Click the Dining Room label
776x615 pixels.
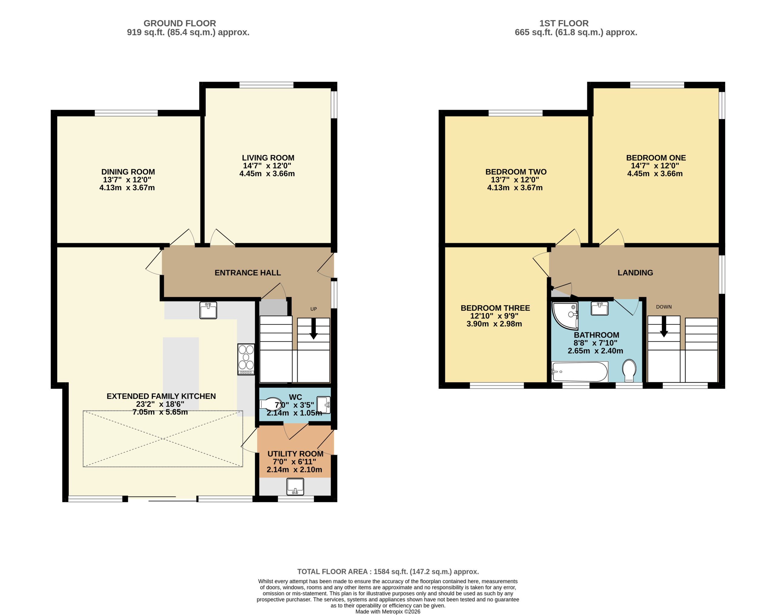tap(128, 172)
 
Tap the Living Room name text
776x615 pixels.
tap(268, 158)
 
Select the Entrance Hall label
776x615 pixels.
tap(248, 272)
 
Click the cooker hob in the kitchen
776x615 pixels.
tap(246, 359)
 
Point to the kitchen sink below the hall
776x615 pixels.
tap(208, 310)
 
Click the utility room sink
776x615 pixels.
tap(295, 486)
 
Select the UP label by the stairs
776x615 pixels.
tap(314, 309)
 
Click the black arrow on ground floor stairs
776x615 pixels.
tap(314, 328)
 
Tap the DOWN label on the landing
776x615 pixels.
tap(664, 307)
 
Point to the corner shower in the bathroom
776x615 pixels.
tap(565, 316)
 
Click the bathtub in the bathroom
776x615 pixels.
tap(580, 372)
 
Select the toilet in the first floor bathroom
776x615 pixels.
tap(629, 370)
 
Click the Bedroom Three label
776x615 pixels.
tap(495, 308)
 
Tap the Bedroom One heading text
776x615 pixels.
tap(656, 158)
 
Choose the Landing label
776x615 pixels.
tap(635, 272)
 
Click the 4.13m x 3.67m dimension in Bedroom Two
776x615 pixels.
tap(515, 188)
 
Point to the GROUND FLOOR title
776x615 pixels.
tap(180, 23)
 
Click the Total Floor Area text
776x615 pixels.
tap(388, 571)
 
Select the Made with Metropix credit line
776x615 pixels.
tap(388, 611)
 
